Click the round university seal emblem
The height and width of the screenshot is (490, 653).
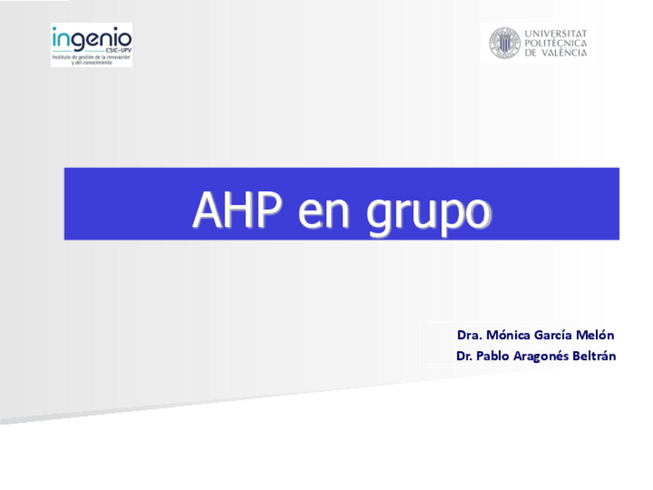click(x=504, y=43)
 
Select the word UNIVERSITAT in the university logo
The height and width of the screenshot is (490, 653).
click(x=556, y=34)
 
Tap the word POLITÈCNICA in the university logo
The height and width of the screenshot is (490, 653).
click(x=556, y=43)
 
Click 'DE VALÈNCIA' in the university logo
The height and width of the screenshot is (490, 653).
click(x=556, y=52)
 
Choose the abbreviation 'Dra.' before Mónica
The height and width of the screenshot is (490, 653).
click(x=469, y=335)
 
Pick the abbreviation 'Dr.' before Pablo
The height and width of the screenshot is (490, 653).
click(x=464, y=356)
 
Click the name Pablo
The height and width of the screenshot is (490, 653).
click(x=492, y=356)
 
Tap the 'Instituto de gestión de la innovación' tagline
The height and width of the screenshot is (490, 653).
click(x=92, y=58)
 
